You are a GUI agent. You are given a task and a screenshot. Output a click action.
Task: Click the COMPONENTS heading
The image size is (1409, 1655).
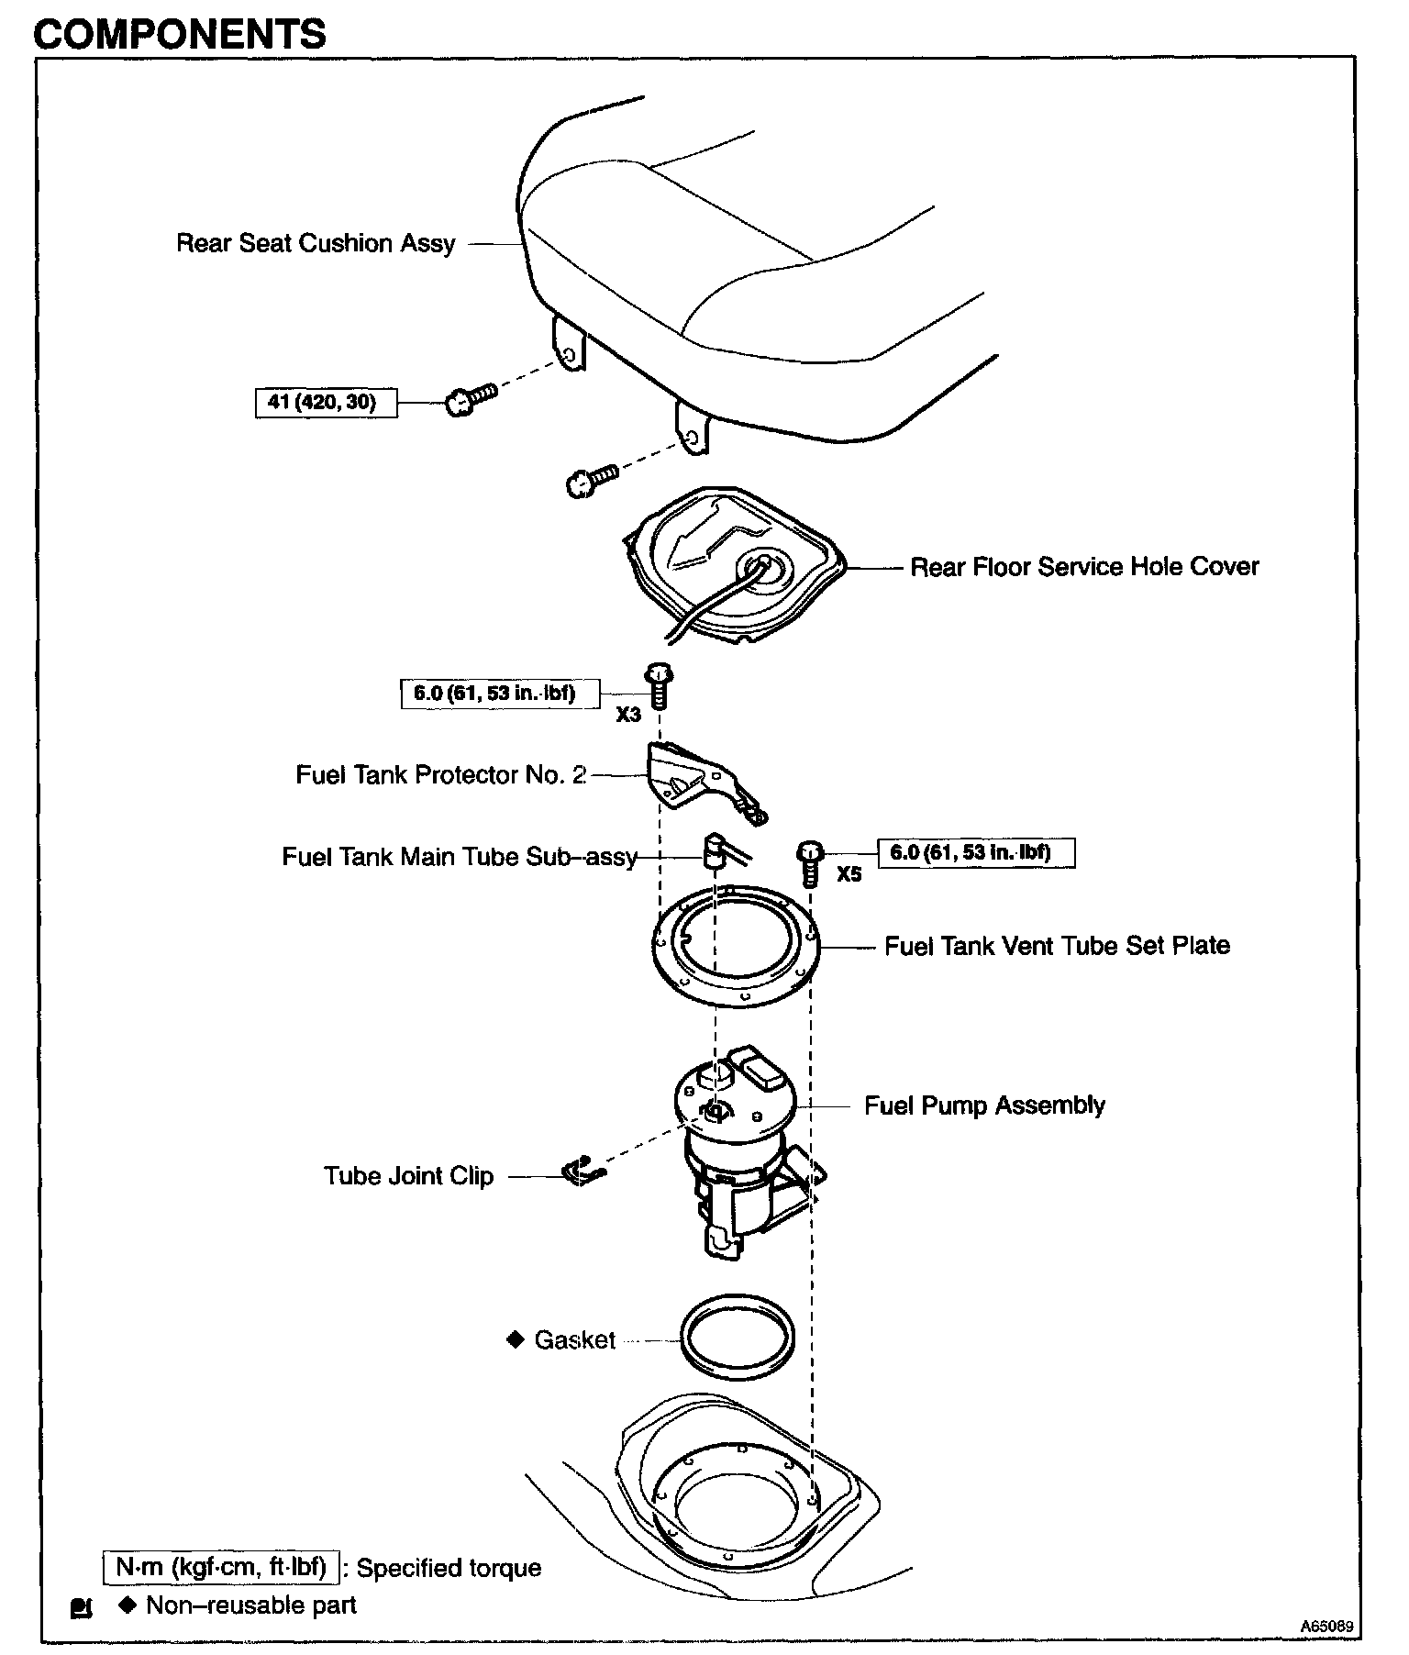point(180,34)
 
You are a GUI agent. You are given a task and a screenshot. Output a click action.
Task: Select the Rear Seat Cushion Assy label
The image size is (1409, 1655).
point(316,243)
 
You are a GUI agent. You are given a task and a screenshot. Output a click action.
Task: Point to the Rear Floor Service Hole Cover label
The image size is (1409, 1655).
point(1084,567)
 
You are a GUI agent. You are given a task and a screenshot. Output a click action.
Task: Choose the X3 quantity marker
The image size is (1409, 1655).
point(628,715)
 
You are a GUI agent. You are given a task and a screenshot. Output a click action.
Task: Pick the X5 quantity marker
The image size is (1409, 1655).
point(849,874)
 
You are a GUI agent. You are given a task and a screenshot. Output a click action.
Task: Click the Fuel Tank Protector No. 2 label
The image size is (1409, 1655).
point(440,775)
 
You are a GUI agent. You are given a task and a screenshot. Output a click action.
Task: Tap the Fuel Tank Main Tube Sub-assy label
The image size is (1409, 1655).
point(460,857)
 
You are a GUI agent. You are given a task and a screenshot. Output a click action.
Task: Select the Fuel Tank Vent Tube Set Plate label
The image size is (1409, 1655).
point(1057,946)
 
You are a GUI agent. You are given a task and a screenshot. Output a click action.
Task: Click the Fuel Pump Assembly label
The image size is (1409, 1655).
point(984,1105)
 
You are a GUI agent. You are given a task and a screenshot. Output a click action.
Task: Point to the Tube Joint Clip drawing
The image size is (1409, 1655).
point(582,1172)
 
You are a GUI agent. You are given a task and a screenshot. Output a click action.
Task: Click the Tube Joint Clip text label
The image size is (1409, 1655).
point(408,1176)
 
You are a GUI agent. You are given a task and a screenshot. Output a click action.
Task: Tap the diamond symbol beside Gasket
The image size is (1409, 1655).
point(515,1339)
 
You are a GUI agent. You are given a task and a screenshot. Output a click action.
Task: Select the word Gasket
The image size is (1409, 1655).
point(575,1340)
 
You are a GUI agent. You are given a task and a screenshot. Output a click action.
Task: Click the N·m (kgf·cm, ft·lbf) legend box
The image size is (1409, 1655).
point(221,1568)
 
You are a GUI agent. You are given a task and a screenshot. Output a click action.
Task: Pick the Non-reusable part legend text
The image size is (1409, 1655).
point(250,1605)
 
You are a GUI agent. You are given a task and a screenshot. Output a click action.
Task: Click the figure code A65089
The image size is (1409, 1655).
point(1326,1627)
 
